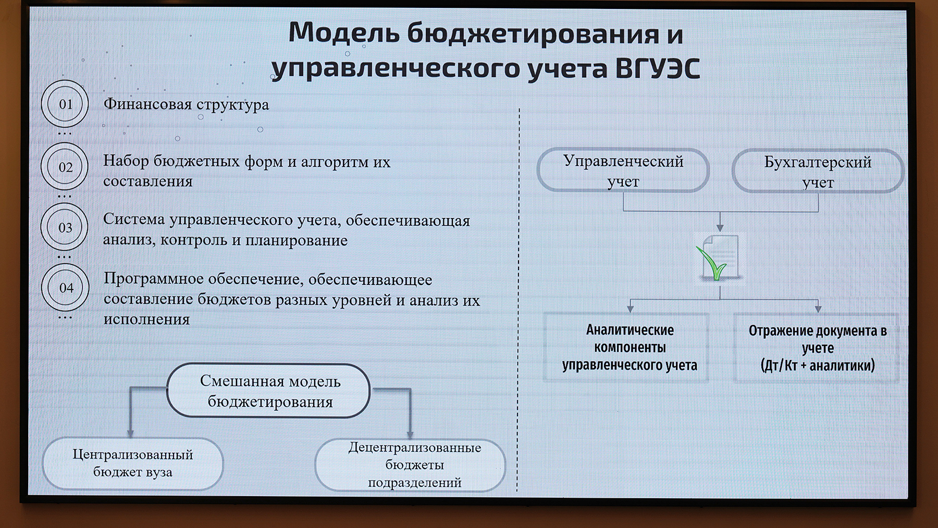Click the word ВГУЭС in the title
click(658, 68)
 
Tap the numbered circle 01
click(65, 104)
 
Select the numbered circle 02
click(65, 167)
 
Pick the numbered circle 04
click(66, 287)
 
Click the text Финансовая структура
click(186, 105)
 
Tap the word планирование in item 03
click(297, 241)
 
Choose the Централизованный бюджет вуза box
click(133, 464)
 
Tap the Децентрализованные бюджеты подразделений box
click(411, 465)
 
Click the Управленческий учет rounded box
click(623, 171)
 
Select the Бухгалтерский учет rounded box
click(818, 171)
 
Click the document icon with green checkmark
click(720, 258)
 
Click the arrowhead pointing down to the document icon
click(720, 228)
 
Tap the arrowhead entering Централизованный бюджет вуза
click(130, 434)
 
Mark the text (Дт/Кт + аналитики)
click(817, 365)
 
